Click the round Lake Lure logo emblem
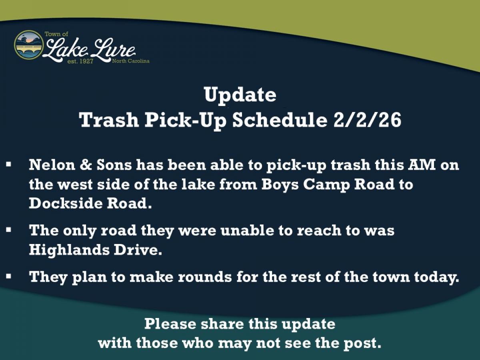click(x=29, y=45)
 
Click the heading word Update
click(x=240, y=95)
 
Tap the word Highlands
click(x=68, y=250)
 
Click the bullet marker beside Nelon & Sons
click(x=8, y=164)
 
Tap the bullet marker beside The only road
click(x=8, y=230)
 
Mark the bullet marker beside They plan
click(x=8, y=276)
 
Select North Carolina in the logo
click(x=130, y=61)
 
